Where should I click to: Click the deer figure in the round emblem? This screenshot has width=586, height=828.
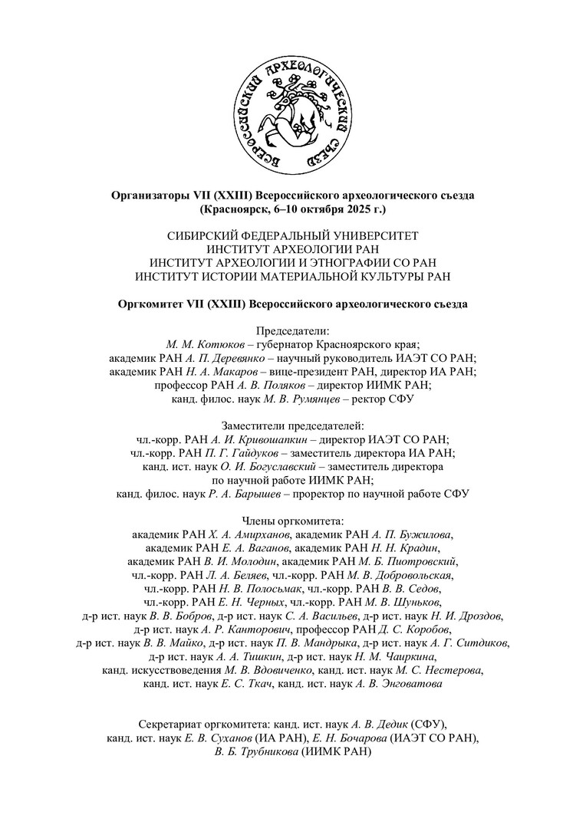[x=291, y=111]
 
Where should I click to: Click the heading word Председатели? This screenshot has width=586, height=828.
[x=292, y=331]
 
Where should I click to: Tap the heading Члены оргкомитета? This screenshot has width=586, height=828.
[x=292, y=521]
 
